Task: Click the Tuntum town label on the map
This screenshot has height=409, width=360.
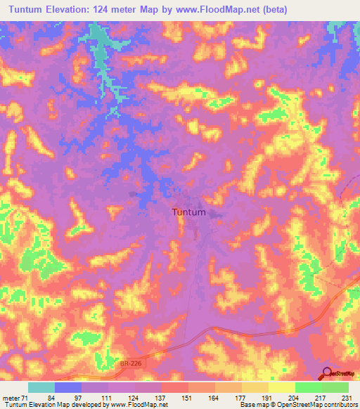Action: [x=189, y=212]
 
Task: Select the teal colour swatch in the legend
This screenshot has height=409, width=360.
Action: [x=41, y=387]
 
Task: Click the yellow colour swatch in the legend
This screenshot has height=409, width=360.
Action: [x=281, y=387]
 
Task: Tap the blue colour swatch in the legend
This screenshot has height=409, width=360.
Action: [x=68, y=387]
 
